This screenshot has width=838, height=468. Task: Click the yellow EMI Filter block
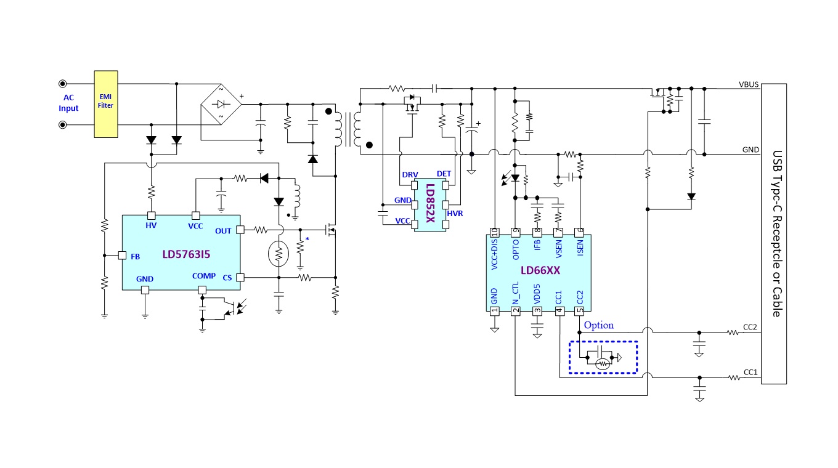106,104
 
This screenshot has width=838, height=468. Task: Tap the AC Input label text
68,103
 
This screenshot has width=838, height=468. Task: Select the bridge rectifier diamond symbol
221,104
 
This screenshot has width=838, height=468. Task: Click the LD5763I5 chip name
186,254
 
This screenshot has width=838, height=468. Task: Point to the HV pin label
151,225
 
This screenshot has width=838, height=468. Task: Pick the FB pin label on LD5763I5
136,256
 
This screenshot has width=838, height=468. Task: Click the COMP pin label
204,276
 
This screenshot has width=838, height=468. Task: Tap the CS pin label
227,278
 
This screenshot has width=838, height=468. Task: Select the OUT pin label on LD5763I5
223,231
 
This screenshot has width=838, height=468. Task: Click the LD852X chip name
431,203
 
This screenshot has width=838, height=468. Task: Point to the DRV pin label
410,174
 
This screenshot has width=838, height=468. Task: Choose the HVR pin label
455,214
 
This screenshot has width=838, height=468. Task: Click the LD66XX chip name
540,270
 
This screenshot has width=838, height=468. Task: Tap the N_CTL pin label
516,293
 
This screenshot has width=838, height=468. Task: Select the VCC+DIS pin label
494,254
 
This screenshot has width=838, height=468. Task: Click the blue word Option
598,325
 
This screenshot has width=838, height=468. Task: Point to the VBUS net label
749,84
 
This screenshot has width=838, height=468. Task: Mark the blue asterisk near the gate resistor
307,239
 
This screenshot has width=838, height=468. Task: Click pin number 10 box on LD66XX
495,233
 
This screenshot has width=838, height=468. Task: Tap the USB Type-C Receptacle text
777,233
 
